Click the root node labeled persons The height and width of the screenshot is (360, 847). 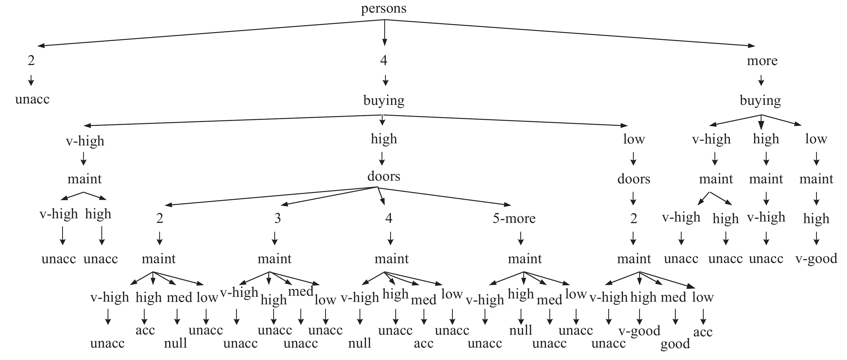384,9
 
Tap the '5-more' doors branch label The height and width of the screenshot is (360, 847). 514,218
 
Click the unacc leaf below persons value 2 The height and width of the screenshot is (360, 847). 32,99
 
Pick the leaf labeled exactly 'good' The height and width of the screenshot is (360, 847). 675,344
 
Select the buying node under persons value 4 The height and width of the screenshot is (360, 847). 384,100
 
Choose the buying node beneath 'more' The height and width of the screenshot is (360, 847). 760,100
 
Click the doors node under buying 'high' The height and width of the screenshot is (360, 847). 384,177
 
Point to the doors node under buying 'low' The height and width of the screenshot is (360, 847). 634,179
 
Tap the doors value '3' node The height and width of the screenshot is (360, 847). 277,218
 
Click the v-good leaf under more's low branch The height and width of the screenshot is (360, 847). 816,259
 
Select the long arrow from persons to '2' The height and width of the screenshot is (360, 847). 211,33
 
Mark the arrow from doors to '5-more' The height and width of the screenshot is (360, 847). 444,196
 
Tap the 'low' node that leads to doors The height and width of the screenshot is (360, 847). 634,139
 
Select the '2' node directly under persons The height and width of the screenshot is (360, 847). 31,61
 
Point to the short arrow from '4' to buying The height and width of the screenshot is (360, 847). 385,80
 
